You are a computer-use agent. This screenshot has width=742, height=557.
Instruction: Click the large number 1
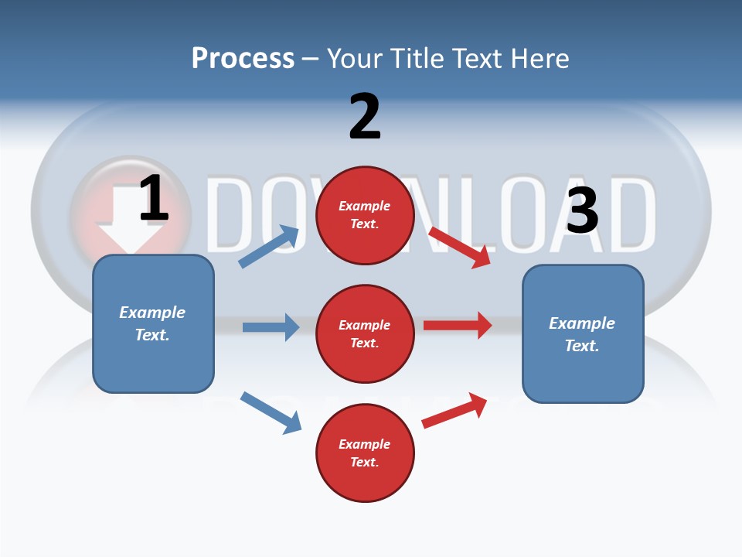tap(154, 199)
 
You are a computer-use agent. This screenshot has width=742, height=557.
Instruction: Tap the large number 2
tap(365, 117)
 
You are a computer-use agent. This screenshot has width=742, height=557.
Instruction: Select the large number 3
tap(582, 210)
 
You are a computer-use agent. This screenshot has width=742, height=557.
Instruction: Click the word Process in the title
tap(243, 58)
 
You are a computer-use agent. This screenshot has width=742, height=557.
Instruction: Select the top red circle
tap(365, 215)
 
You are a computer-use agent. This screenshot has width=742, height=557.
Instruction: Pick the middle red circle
tap(365, 333)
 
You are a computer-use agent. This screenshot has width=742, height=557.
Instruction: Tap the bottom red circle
tap(365, 453)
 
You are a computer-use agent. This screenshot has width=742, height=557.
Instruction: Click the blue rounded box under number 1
tap(153, 323)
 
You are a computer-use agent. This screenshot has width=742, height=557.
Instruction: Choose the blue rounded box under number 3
tap(583, 333)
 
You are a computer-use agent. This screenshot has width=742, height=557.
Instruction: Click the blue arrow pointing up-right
tap(270, 247)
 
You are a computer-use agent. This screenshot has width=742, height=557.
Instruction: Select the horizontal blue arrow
tap(271, 327)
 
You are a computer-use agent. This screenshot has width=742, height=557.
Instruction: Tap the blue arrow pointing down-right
tap(271, 412)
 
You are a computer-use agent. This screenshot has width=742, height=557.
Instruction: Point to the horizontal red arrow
tap(458, 325)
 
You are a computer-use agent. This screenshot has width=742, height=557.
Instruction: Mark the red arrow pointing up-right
tap(455, 411)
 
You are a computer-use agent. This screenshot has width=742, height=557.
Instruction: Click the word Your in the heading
tap(354, 58)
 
